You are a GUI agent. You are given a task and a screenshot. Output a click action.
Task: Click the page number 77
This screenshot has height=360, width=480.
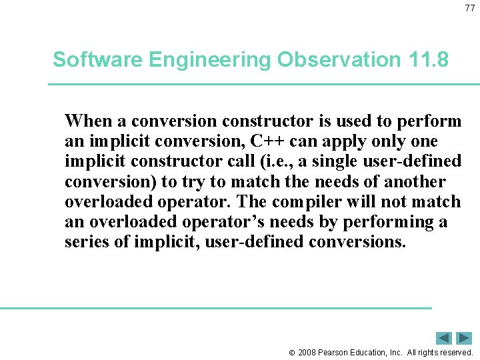tap(469, 8)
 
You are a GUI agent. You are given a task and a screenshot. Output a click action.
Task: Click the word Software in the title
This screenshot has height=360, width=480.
tap(98, 60)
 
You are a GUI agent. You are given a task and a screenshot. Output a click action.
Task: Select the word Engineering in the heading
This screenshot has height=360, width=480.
tap(211, 60)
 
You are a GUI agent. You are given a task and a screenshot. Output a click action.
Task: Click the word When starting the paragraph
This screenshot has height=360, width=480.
tap(89, 121)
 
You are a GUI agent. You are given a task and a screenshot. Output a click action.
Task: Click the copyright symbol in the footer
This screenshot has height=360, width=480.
tap(291, 352)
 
